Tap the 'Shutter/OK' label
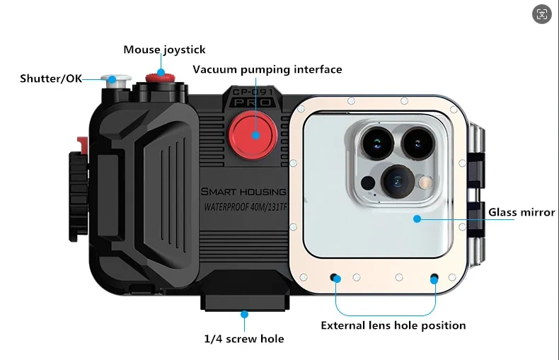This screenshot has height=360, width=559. [x=51, y=78]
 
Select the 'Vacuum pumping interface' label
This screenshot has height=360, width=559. [x=267, y=69]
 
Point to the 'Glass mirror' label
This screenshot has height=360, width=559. [x=521, y=212]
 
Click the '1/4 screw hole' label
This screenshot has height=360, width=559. [x=244, y=339]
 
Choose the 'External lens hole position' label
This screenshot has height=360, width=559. [x=393, y=325]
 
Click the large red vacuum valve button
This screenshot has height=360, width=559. [x=253, y=131]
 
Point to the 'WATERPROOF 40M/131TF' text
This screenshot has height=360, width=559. [x=245, y=208]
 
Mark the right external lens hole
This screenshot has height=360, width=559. [x=434, y=278]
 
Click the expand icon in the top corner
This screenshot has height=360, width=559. [x=543, y=14]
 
